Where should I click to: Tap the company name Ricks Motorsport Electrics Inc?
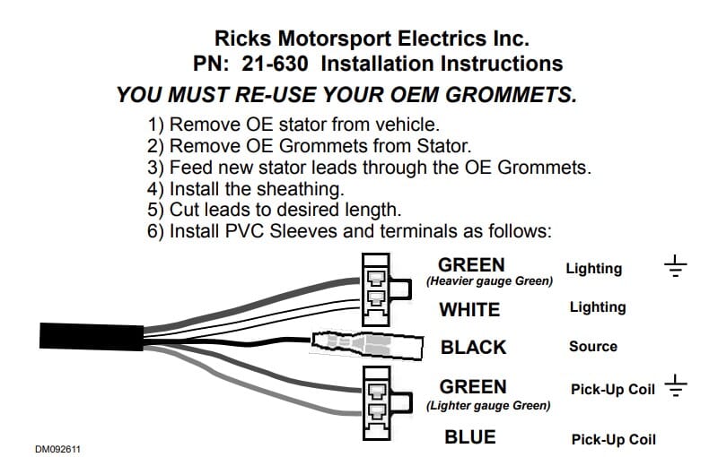372,39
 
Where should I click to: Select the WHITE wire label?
469,309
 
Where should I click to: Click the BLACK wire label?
473,347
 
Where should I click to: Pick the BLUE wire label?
470,437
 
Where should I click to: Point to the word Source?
593,346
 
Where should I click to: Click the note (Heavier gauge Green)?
489,281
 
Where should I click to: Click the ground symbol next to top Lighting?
676,265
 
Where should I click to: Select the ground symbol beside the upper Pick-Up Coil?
676,388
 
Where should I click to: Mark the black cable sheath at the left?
89,338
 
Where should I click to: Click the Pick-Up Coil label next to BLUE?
613,439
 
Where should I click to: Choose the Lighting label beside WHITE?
598,307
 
